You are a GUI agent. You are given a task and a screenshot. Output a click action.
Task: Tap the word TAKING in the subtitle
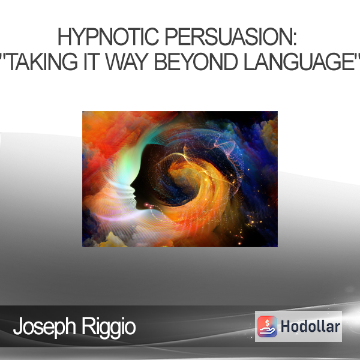pos(43,62)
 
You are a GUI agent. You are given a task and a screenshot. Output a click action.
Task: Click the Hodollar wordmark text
pos(310,326)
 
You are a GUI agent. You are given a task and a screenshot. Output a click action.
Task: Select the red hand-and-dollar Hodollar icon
pos(267,326)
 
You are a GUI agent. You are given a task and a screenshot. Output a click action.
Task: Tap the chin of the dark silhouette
pos(139,206)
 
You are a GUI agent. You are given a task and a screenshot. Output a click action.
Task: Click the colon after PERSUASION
pos(295,40)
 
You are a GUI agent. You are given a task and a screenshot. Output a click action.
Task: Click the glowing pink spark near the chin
pos(146,204)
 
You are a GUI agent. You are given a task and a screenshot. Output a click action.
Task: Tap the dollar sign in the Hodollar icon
pos(267,323)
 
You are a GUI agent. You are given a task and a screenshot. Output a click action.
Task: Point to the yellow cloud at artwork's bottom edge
pos(113,241)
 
